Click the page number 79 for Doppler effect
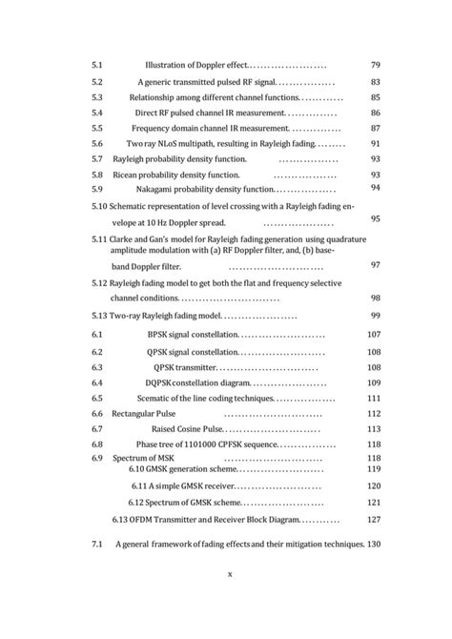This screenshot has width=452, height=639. [375, 65]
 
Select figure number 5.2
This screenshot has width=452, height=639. [97, 82]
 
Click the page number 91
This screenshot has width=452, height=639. [375, 143]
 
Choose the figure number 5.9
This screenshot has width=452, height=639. [97, 189]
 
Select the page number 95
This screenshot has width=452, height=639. [375, 219]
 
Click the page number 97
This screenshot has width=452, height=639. [375, 264]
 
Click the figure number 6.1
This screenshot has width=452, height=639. [97, 334]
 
